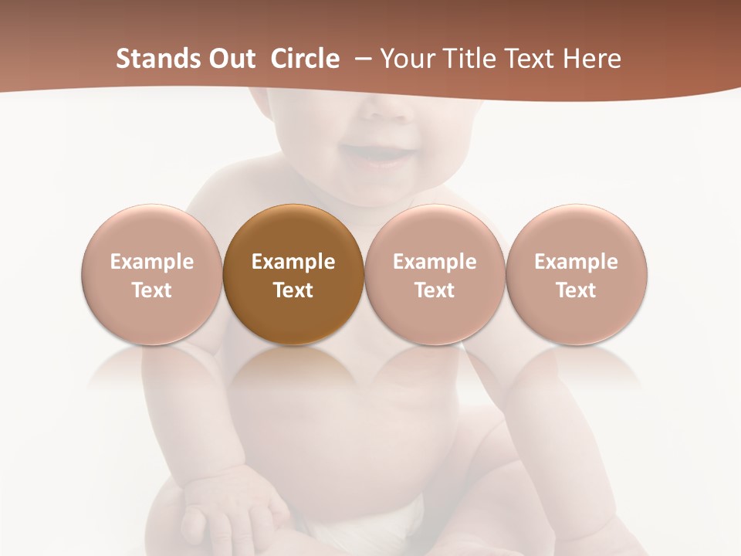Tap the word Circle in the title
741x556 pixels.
coord(305,59)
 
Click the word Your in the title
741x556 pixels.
coord(405,59)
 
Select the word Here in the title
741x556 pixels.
coord(591,59)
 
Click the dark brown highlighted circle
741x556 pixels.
coord(293,274)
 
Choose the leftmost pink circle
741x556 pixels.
coord(151,274)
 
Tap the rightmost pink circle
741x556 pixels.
coord(576,274)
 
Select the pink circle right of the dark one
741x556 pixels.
coord(435,274)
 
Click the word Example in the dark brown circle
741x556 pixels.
coord(293,262)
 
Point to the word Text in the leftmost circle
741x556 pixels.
coord(151,290)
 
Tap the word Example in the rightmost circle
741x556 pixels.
coord(576,262)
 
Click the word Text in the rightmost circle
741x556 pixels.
coord(576,290)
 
